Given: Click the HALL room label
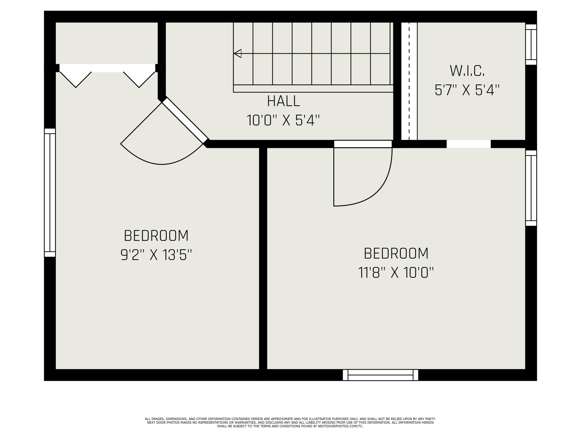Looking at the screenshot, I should [x=283, y=101].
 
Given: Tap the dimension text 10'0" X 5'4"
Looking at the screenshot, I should [x=283, y=120].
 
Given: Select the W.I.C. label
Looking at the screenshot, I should [x=467, y=71].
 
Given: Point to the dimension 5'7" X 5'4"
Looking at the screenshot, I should [x=467, y=90].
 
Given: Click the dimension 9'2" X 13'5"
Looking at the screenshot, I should [x=156, y=255].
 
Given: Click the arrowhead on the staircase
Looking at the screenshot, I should [x=238, y=54].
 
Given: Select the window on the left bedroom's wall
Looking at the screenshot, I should [x=50, y=192].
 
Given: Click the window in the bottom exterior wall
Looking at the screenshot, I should [x=380, y=375].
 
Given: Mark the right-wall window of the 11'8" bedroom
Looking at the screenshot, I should [x=531, y=188].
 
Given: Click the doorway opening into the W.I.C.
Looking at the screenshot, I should [x=469, y=144].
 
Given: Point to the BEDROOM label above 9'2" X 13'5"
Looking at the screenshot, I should [x=156, y=236].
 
